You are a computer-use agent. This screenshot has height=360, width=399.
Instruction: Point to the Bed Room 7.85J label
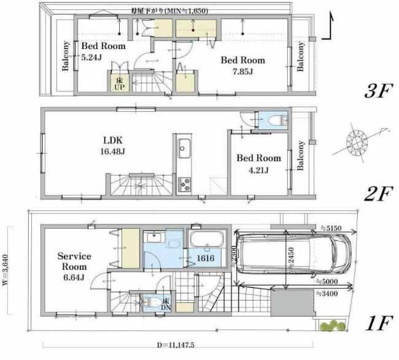243,66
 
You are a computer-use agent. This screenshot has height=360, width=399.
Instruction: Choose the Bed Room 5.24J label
103,52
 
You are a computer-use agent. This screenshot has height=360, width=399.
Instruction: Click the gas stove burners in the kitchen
185,183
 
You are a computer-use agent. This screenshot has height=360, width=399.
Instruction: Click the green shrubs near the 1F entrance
330,326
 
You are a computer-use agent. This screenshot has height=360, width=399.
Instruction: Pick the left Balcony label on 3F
65,57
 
